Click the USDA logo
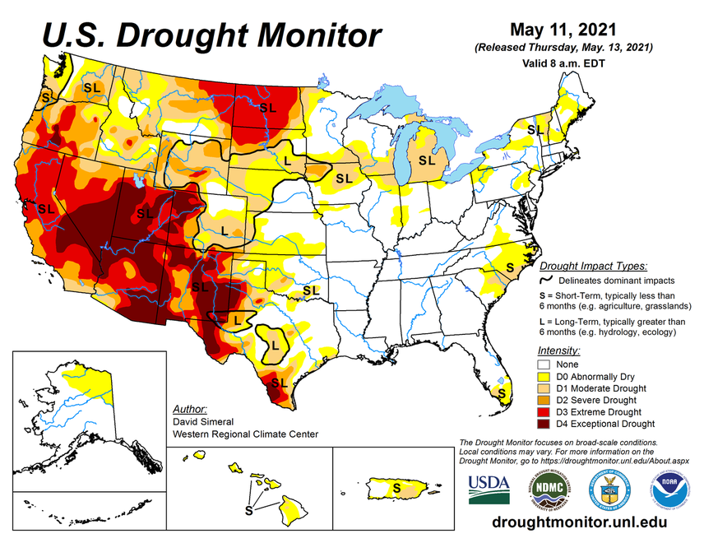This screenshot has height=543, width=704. [489, 488]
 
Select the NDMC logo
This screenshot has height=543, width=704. [548, 488]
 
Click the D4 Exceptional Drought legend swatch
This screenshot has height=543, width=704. [544, 424]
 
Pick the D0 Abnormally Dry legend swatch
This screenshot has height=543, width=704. [544, 375]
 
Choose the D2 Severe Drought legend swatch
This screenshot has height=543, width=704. [544, 399]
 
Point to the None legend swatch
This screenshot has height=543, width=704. [544, 363]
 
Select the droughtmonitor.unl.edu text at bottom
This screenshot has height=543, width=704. [578, 522]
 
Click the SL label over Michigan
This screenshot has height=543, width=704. [426, 160]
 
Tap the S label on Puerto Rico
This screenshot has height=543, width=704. [397, 487]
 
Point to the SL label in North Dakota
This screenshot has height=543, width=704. [267, 107]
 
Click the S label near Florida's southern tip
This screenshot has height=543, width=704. [503, 394]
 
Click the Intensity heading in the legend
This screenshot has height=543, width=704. [558, 350]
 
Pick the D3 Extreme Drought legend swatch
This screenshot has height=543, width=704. [544, 411]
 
